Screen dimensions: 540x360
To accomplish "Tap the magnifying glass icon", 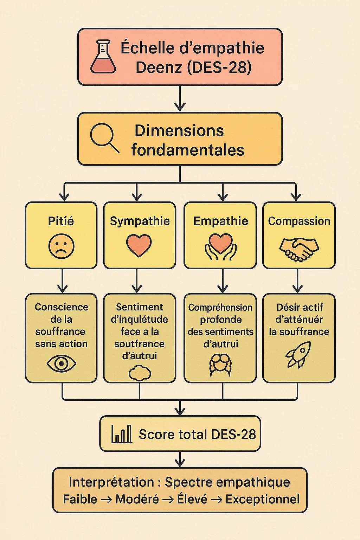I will (104, 138).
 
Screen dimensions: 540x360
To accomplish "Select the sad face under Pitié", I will (62, 246).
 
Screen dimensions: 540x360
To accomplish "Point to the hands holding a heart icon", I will (221, 247).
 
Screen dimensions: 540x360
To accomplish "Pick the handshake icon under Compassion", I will (299, 249).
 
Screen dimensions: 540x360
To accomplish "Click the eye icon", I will (61, 363).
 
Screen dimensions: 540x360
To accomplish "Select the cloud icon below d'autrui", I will (140, 373).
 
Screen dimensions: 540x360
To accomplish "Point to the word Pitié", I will (61, 221).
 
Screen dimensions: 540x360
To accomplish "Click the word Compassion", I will (299, 221).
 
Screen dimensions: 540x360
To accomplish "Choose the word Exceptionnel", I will (263, 499).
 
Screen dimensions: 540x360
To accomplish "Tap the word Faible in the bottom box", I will (80, 499).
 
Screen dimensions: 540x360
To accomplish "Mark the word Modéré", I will (137, 499).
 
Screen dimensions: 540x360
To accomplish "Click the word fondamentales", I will (188, 150).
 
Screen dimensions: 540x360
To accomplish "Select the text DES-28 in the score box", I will (234, 434).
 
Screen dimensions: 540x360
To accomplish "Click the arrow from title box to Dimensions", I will (180, 99).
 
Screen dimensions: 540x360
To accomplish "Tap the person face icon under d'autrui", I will (220, 364).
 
